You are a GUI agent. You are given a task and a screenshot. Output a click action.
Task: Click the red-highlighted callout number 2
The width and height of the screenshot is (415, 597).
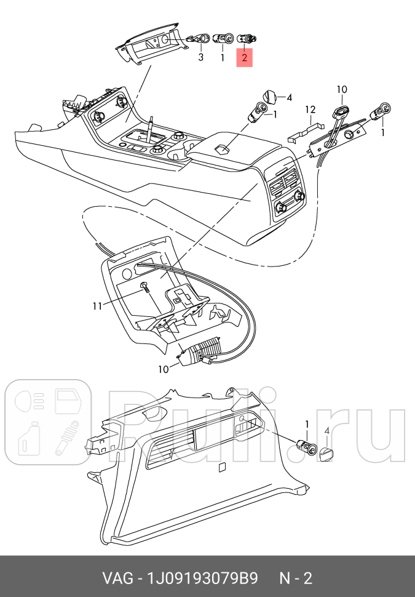pos(244,58)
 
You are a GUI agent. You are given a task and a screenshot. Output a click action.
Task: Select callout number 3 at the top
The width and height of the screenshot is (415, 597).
pos(200,57)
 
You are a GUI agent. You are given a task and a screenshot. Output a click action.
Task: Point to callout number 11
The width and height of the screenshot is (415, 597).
pos(96,306)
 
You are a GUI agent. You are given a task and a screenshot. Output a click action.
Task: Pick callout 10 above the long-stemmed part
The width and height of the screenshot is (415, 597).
pos(342,90)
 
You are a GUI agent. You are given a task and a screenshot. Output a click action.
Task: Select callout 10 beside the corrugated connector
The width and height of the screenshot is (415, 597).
pos(164,370)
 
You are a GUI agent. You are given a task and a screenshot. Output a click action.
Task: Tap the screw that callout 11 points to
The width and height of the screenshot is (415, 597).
pos(144,286)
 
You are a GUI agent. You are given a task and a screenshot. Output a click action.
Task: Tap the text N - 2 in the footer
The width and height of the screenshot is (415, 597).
pos(296,579)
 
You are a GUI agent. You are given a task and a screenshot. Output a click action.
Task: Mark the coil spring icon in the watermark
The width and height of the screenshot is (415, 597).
pos(69,441)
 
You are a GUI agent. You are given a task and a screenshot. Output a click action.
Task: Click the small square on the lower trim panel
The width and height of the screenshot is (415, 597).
pos(222,467)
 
